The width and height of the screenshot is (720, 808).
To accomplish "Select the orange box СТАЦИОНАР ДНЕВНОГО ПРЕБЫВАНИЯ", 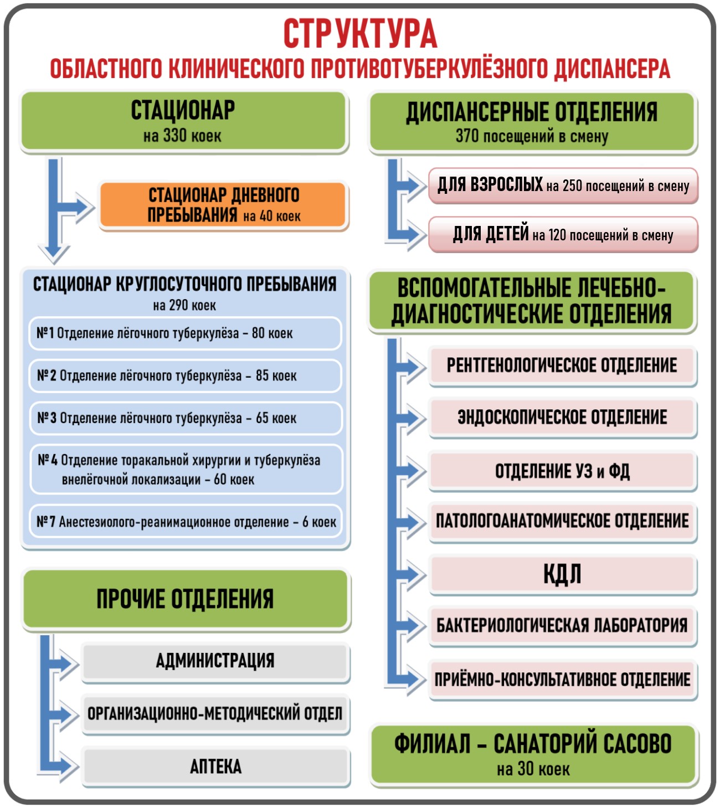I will [223, 205].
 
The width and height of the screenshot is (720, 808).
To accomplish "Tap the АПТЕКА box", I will [216, 766].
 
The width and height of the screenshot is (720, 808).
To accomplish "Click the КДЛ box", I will [562, 574].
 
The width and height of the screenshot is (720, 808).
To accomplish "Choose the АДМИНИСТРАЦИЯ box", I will [215, 661].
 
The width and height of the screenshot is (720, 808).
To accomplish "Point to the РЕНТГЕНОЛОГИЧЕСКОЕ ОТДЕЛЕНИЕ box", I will [562, 366].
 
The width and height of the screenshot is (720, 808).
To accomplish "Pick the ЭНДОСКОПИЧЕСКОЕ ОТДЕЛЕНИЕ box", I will [562, 417].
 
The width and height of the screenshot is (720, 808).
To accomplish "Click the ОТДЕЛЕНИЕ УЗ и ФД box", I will [562, 471].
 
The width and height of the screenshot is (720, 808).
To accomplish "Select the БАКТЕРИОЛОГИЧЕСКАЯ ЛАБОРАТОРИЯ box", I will [562, 625].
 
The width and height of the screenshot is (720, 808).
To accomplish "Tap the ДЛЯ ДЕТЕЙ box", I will [563, 235].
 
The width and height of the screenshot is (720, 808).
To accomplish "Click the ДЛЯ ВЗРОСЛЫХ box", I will [563, 186].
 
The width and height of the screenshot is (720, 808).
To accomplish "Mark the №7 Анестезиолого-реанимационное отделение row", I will [186, 522].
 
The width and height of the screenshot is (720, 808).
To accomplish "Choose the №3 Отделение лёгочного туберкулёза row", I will [186, 418].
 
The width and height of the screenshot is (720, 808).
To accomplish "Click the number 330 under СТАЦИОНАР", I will [175, 136].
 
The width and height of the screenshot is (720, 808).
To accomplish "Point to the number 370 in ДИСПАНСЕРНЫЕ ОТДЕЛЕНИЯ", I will [467, 136].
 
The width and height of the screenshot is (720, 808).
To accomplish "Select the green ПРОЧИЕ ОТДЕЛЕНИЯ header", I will [186, 599].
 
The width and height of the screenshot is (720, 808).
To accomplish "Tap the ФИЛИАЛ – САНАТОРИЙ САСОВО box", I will [533, 753].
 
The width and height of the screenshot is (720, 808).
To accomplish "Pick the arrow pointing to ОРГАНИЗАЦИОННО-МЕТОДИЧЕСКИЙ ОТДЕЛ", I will [64, 714].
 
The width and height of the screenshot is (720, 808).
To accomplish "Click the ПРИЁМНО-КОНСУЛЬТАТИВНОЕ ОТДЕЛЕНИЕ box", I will [562, 679].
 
